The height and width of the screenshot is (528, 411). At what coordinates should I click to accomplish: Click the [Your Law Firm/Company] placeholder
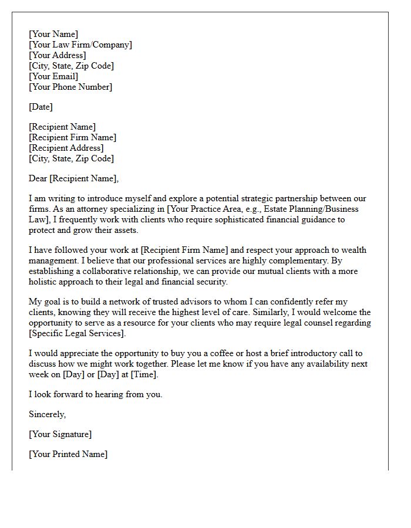pos(80,45)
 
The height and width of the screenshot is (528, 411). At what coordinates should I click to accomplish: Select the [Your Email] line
pos(53,76)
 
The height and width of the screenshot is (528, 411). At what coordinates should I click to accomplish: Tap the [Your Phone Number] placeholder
pos(70,87)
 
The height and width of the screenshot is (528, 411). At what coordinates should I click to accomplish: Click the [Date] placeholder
pos(41,107)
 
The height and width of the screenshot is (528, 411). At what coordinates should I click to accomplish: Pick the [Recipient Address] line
pos(66,148)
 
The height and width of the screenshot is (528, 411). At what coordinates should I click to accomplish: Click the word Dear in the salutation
pos(38,178)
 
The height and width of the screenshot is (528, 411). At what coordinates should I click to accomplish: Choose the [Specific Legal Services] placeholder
pos(77,333)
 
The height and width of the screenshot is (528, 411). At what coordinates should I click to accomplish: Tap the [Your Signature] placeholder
pos(60,434)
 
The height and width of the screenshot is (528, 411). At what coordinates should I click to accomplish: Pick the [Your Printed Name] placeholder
pos(68,454)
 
